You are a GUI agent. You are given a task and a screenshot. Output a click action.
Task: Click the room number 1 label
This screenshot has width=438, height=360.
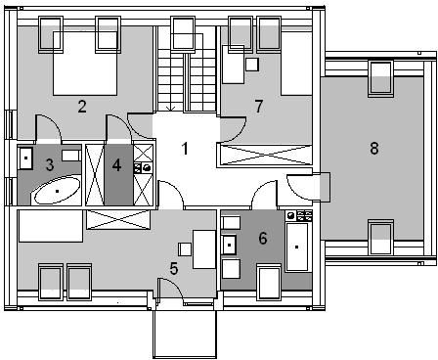185,149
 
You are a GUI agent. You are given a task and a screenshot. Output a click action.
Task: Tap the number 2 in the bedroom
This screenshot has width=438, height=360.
82,107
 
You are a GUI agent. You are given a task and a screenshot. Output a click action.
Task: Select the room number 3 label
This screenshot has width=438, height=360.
50,164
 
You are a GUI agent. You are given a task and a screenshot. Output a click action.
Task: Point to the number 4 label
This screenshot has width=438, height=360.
116,165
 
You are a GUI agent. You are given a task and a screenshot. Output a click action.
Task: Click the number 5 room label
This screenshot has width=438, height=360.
174,269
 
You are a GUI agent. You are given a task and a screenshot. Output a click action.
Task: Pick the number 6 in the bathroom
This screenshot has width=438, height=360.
263,238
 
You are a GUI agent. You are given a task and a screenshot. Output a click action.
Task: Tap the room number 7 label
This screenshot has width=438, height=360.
259,107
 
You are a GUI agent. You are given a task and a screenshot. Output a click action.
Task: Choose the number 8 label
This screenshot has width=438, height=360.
374,149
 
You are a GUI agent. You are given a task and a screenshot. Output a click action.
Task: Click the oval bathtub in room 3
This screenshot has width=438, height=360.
58,191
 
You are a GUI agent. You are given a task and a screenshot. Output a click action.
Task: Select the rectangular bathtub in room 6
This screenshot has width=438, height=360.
296,247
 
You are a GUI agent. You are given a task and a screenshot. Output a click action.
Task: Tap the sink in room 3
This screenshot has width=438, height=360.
25,158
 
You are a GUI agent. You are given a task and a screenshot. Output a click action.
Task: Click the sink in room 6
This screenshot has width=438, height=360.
229,245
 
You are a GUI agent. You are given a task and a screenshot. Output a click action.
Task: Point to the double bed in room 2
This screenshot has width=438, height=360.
85,64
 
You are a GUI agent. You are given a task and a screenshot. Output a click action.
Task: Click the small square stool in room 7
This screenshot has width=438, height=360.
252,65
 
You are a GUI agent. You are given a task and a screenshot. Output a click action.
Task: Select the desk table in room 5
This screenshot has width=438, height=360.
204,249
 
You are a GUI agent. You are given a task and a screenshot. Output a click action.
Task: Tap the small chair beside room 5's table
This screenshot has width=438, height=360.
185,249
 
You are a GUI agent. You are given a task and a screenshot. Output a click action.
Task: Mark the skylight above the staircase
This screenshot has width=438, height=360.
184,33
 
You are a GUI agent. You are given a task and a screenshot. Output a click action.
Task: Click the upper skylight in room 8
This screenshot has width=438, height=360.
381,78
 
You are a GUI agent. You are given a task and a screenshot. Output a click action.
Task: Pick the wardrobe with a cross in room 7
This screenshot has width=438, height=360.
265,156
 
